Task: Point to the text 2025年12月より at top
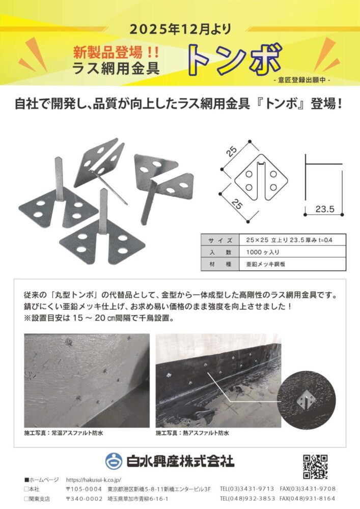(179, 30)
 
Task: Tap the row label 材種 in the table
(220, 264)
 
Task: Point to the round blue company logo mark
(114, 461)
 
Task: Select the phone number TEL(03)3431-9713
(247, 489)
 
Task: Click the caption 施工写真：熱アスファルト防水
(192, 433)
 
